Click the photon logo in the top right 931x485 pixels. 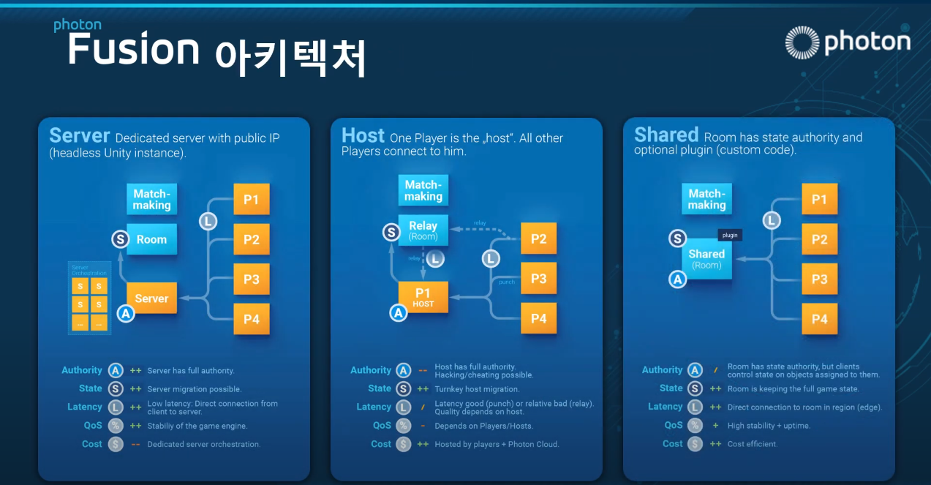click(x=847, y=42)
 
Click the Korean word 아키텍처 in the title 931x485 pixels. click(x=290, y=57)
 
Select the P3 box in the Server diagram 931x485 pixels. click(x=252, y=279)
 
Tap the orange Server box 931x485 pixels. click(x=151, y=298)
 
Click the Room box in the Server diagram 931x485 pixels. click(x=151, y=239)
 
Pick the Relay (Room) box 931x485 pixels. click(x=423, y=230)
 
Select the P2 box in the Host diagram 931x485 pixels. click(x=538, y=238)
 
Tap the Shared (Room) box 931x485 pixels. click(x=706, y=259)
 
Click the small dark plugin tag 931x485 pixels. click(x=730, y=235)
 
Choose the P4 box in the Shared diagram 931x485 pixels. click(x=819, y=318)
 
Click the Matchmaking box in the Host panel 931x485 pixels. click(x=423, y=190)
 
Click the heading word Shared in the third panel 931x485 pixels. click(x=666, y=135)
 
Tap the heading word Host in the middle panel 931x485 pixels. click(x=363, y=135)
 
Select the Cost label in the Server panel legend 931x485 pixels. click(x=92, y=444)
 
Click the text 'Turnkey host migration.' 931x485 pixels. click(x=477, y=389)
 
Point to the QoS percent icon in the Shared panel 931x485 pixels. click(x=695, y=425)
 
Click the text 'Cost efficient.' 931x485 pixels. click(x=753, y=444)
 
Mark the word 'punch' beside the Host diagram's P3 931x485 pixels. click(x=507, y=282)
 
